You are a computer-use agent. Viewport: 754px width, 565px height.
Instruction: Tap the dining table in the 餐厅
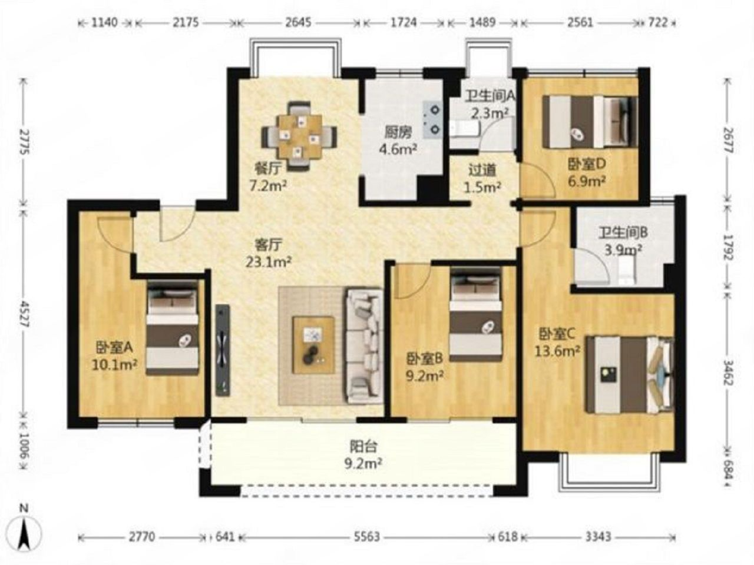point(300,136)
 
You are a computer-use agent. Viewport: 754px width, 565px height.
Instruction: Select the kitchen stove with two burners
point(432,119)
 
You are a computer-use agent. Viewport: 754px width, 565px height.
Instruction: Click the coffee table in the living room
point(313,345)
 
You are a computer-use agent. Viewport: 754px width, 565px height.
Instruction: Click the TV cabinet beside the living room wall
point(223,350)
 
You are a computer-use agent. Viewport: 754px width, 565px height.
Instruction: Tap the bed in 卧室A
point(173,327)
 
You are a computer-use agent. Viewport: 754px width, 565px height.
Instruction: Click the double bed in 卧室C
point(630,375)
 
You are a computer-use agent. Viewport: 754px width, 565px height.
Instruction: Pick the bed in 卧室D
point(590,122)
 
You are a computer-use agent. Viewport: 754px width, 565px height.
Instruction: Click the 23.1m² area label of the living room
point(269,262)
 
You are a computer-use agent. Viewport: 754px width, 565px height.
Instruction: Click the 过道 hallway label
point(482,171)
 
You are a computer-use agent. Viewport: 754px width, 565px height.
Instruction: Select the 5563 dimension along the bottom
point(367,537)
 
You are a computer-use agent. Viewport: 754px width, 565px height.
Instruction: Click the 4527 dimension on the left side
point(24,314)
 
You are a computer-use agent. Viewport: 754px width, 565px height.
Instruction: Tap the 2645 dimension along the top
point(298,22)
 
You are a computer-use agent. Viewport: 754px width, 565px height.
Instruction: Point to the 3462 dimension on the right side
point(728,372)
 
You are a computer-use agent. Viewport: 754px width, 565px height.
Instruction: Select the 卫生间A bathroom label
point(490,97)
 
